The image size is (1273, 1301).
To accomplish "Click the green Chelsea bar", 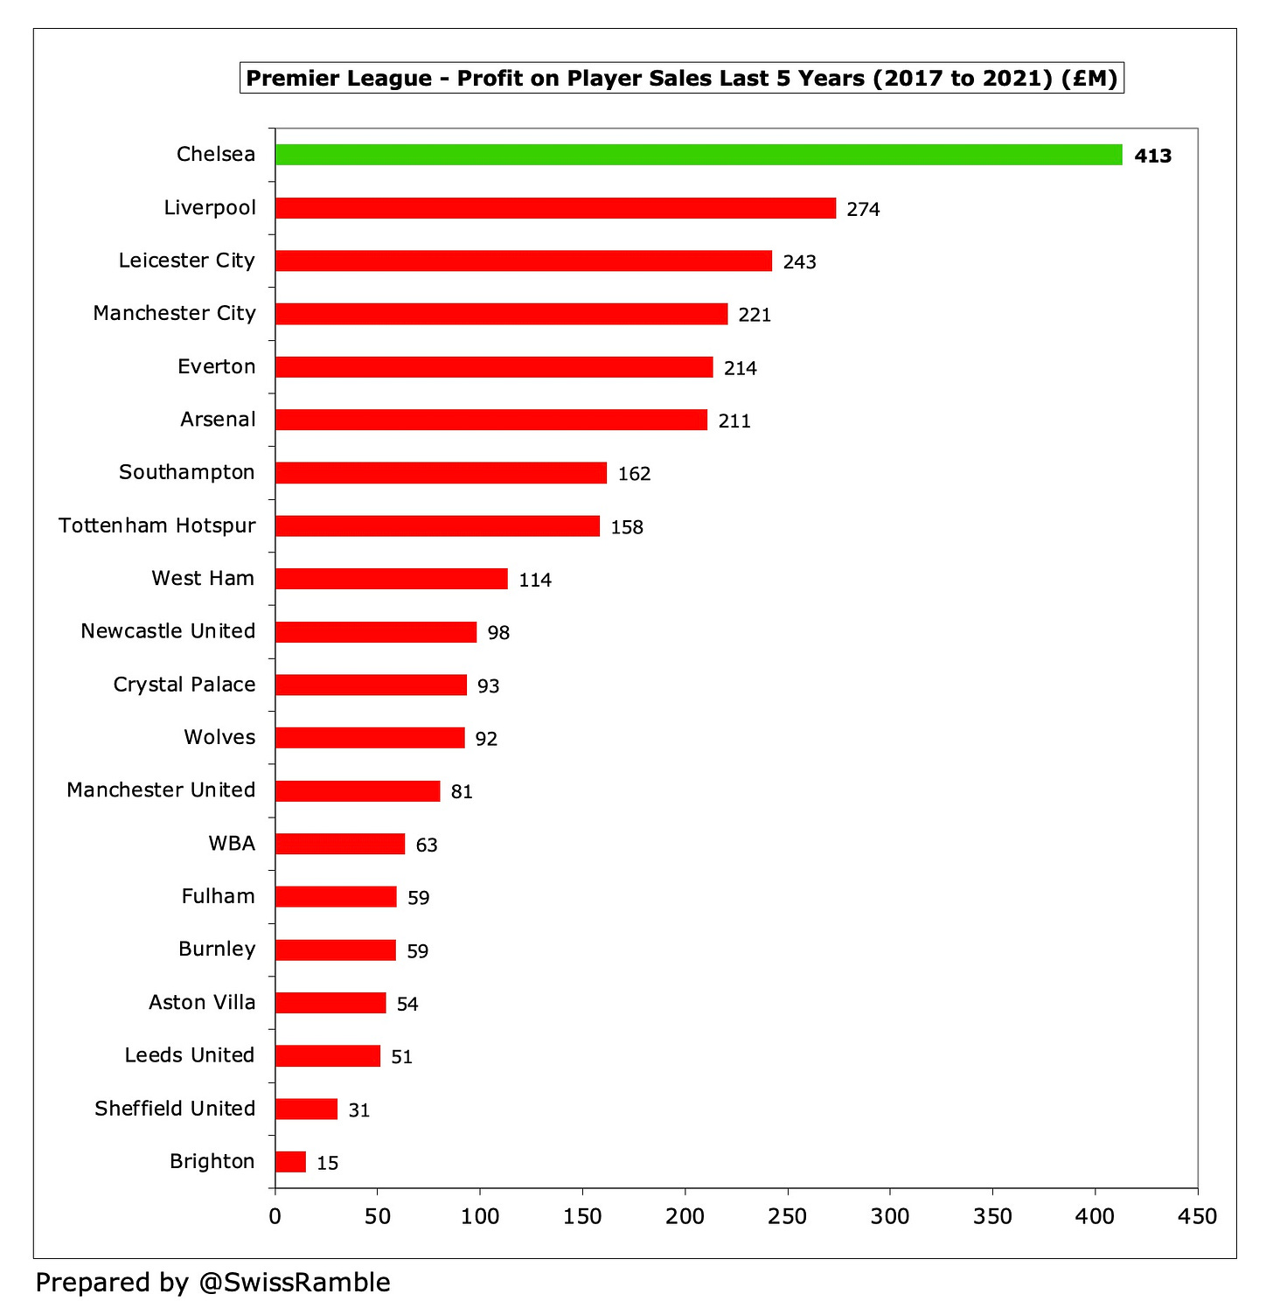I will pos(698,155).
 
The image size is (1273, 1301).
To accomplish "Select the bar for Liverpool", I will pos(555,208).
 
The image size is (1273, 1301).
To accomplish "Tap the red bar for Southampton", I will pos(441,473).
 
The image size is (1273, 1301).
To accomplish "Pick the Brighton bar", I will pos(290,1162).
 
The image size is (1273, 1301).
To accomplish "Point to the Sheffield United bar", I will pos(306,1110).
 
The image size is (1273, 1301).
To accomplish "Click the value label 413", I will pos(1152,157).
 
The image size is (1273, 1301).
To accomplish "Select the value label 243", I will pos(799,262).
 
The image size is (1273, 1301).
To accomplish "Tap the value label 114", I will pos(535,581).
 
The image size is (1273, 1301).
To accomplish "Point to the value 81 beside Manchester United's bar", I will pos(462,792).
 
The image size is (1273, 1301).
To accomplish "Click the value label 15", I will pos(327,1164).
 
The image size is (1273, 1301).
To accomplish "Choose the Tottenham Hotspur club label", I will pos(157,525).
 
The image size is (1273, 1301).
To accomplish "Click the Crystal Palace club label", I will pos(184,685).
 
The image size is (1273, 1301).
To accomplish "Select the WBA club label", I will pos(232,844).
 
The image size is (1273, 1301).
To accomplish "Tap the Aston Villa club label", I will pos(202,1003).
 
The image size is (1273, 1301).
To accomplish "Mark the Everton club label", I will pos(216,366).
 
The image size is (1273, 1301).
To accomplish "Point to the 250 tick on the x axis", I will pos(788,1216).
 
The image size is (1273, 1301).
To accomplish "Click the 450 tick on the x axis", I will pos(1198,1216).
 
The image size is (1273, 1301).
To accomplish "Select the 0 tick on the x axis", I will pos(275,1216).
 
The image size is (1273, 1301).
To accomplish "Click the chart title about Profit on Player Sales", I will pos(681,79).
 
